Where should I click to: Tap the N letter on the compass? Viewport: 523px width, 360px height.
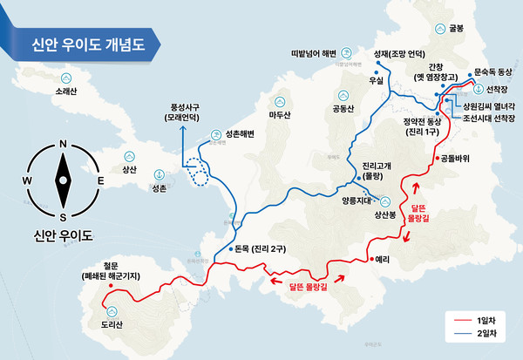point(63,146)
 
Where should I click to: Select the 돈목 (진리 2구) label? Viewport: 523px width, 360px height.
point(261,248)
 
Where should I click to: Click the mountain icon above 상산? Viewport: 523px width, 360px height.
point(130,153)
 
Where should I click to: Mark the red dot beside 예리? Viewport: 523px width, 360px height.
point(370,259)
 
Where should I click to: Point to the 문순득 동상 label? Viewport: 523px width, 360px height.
point(493,74)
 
